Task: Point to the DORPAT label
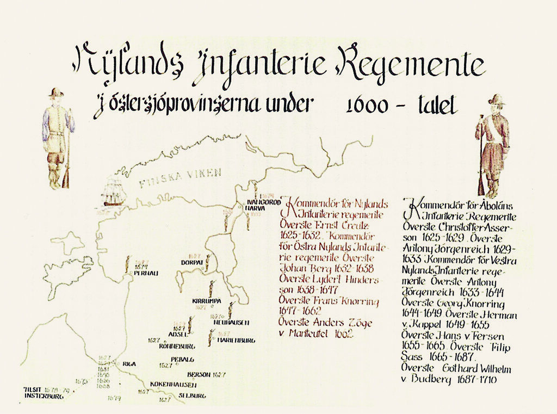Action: tap(191, 262)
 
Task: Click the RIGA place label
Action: tap(129, 364)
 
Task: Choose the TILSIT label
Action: tap(33, 390)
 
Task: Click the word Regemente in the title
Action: tap(411, 64)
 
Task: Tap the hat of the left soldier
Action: tap(55, 92)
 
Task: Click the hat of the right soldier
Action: tap(496, 99)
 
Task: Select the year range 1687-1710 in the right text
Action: tap(477, 379)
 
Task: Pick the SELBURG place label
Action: tap(192, 397)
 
